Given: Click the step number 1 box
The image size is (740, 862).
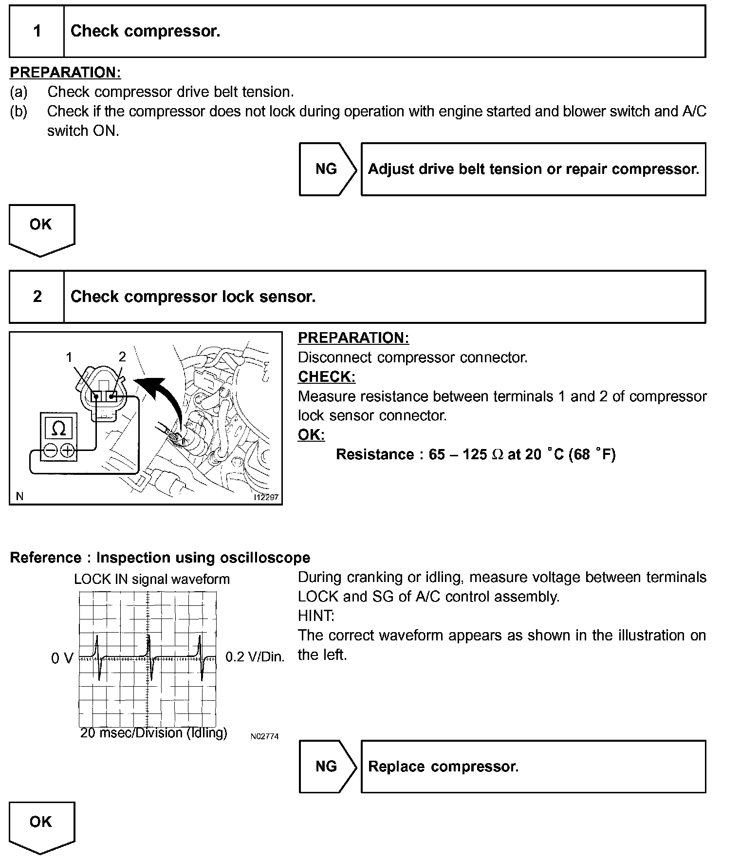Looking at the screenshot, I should [x=37, y=32].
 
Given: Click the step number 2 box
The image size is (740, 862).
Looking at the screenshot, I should [x=37, y=297].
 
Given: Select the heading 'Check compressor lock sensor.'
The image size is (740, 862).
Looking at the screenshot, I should [x=193, y=297].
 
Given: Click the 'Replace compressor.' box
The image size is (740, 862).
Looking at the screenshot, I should [x=533, y=767].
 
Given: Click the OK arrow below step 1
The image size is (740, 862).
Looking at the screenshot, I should [x=41, y=229].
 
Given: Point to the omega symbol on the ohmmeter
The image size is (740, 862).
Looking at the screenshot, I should [x=58, y=429].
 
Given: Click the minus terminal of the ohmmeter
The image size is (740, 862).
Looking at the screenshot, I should [x=50, y=450].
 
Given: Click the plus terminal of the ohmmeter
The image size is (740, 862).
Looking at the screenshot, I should [x=68, y=450].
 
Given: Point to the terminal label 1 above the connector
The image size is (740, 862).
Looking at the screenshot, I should [x=69, y=357].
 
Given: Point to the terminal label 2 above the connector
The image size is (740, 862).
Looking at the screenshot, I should [x=122, y=357].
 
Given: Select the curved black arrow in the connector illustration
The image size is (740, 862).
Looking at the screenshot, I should [x=163, y=394].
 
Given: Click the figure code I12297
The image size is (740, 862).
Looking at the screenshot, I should [x=266, y=497].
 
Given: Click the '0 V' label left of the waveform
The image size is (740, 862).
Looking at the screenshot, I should [x=62, y=658].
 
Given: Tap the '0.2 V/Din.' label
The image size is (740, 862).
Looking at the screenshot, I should [x=255, y=657].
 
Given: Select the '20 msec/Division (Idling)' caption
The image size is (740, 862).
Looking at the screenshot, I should [x=153, y=733].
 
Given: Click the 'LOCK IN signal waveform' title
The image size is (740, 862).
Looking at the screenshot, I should [x=151, y=580].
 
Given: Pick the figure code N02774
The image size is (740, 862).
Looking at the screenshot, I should [x=264, y=737].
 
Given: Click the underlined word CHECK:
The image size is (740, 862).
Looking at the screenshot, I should [x=327, y=377].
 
